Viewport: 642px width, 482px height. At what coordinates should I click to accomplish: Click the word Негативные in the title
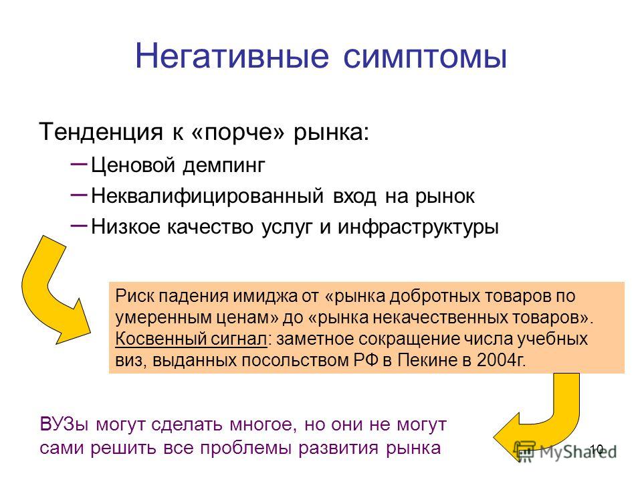[x=232, y=56]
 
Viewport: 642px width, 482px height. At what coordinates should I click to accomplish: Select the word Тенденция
[x=101, y=132]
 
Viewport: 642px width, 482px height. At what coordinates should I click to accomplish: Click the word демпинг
[x=223, y=165]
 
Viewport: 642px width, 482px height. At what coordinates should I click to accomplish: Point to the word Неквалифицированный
[x=207, y=196]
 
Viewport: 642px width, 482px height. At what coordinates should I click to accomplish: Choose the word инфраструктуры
[x=418, y=227]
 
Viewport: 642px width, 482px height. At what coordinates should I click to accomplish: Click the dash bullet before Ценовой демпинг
[x=79, y=163]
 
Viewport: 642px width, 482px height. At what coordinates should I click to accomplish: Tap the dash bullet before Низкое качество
[x=79, y=225]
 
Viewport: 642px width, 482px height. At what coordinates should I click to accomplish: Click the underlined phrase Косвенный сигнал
[x=191, y=339]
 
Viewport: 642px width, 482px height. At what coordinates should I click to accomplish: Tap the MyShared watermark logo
[x=565, y=451]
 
